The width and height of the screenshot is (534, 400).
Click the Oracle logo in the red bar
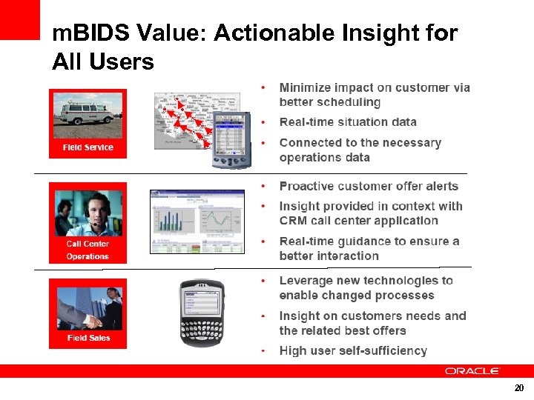point(472,371)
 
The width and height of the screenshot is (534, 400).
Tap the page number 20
point(519,388)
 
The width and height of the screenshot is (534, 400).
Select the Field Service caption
point(88,147)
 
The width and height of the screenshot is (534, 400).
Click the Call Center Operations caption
point(88,250)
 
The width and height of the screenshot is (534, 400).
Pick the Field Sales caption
point(88,338)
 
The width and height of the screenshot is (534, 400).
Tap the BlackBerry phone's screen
point(201,305)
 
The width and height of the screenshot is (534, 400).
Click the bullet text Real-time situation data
point(348,122)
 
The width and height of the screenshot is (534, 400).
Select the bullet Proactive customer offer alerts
point(369,186)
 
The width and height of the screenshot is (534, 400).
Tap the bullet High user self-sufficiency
point(353,350)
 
